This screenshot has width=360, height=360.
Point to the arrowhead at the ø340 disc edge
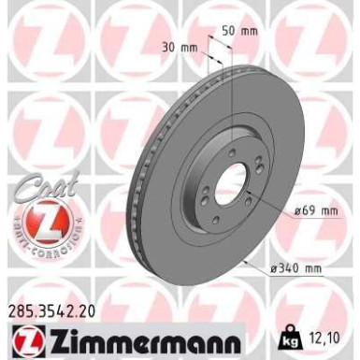click(245, 262)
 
